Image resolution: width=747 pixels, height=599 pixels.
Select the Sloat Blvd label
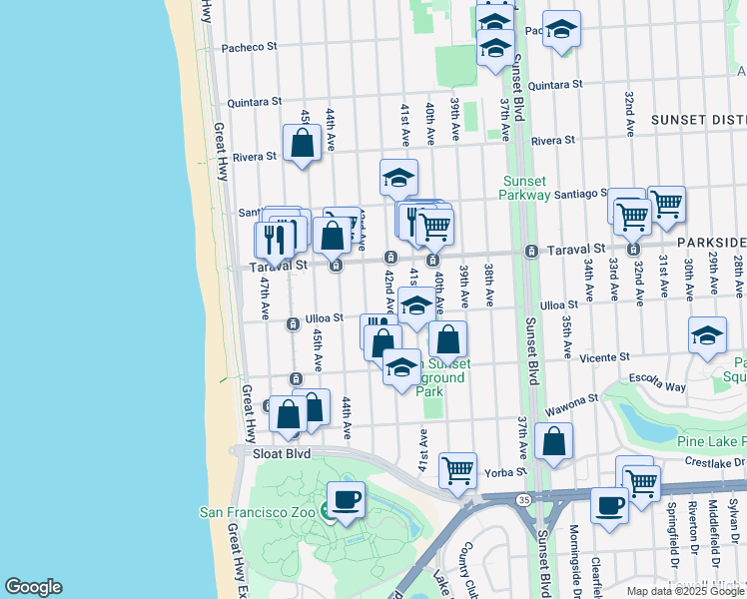pyautogui.click(x=283, y=453)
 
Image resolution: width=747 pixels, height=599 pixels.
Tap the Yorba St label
pyautogui.click(x=504, y=471)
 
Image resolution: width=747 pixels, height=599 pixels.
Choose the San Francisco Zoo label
pyautogui.click(x=262, y=512)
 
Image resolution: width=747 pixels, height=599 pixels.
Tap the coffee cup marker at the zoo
pyautogui.click(x=346, y=499)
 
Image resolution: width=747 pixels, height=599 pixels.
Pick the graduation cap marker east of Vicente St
pyautogui.click(x=707, y=336)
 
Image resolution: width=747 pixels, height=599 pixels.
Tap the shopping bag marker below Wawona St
pyautogui.click(x=553, y=440)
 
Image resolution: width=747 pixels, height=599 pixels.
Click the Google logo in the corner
pyautogui.click(x=33, y=587)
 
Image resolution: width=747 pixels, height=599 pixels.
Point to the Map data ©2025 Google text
pyautogui.click(x=685, y=591)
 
